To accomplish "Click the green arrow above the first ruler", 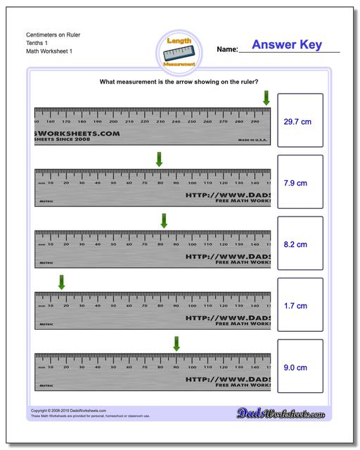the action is [x=266, y=98].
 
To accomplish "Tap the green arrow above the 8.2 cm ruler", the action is [x=164, y=221].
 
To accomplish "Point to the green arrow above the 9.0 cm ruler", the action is [x=176, y=343].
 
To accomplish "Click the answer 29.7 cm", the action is [x=297, y=122].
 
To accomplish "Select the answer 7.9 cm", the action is [x=295, y=183].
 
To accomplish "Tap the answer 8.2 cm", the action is [x=295, y=245].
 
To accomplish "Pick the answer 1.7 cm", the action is [x=295, y=306].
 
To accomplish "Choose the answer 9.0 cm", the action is [x=295, y=367].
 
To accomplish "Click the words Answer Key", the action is [x=286, y=45].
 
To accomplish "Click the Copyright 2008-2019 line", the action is [x=69, y=411].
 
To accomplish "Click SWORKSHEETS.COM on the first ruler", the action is [x=77, y=132].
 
